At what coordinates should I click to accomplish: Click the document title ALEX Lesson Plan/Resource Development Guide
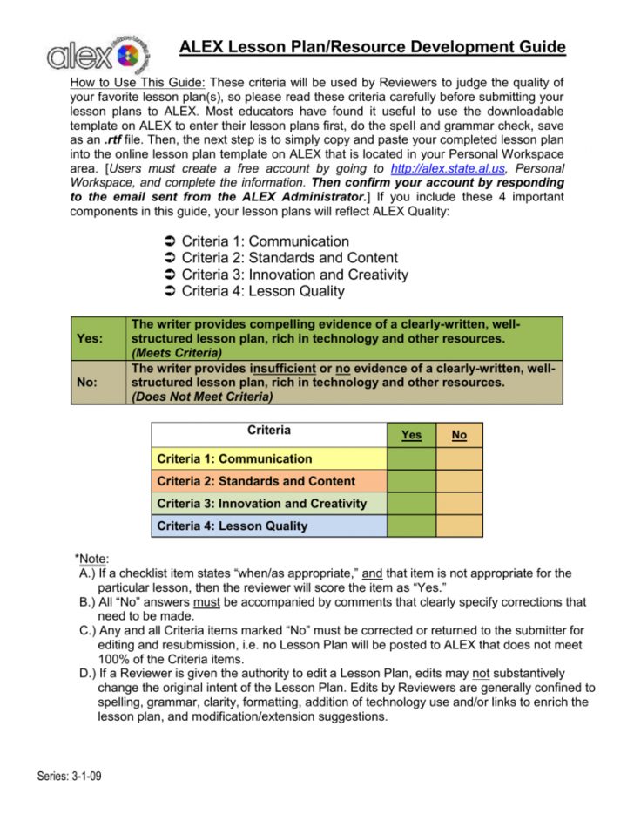point(372,47)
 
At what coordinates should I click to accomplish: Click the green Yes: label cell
point(98,339)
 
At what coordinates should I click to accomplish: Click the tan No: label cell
point(98,382)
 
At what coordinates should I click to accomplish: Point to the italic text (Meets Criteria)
point(176,353)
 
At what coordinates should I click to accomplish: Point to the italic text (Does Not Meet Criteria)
point(201,396)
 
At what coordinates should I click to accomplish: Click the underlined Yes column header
point(411,434)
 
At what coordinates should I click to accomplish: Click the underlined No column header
point(459,434)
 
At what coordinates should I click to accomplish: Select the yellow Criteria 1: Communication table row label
point(269,458)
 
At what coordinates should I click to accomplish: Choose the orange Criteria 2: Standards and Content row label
point(269,481)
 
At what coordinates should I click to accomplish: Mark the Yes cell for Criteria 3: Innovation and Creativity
point(411,504)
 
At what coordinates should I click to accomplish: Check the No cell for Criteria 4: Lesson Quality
point(459,526)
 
